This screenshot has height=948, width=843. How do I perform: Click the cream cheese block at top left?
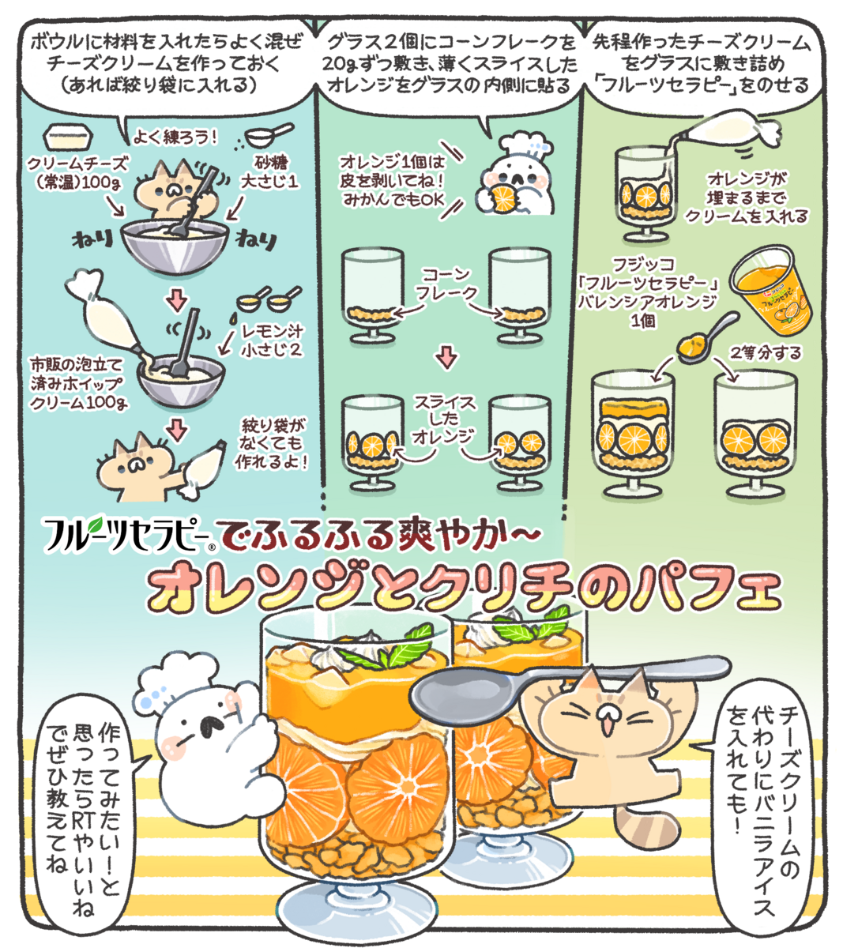[68, 137]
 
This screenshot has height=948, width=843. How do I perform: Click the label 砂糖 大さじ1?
[269, 172]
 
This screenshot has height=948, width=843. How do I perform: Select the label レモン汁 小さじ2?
[272, 340]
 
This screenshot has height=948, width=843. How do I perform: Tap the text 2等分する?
[766, 353]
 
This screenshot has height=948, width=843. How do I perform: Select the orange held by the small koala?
[504, 198]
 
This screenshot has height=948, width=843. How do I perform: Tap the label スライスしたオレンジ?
[442, 419]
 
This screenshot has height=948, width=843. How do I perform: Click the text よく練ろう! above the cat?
[175, 137]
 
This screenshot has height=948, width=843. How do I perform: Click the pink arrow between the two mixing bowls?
[177, 299]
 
